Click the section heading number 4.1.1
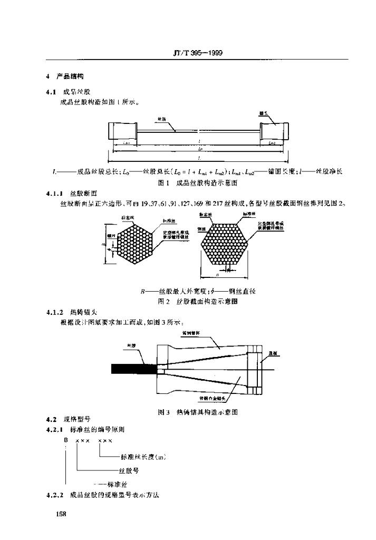(55, 194)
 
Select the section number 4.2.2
(55, 495)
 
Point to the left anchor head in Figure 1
(121, 130)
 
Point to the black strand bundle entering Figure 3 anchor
(133, 368)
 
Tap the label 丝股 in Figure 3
(131, 346)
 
